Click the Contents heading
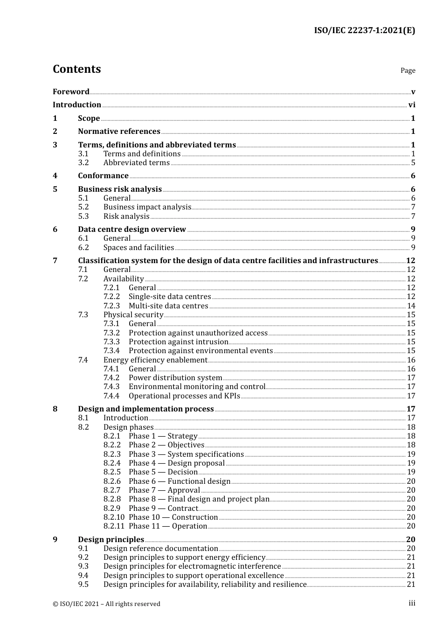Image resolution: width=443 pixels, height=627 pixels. tap(76, 69)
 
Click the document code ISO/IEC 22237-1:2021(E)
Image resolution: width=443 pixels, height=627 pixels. tap(364, 31)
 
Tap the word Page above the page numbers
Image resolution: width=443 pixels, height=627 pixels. tap(408, 70)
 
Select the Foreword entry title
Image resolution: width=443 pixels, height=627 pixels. tap(71, 92)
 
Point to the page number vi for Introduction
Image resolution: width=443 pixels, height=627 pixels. tap(412, 105)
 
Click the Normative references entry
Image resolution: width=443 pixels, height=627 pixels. tap(119, 132)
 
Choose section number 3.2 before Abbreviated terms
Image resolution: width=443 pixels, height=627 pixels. tap(83, 163)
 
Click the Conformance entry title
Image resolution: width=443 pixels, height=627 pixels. tap(103, 176)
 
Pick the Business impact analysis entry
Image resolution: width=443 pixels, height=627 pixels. tap(147, 207)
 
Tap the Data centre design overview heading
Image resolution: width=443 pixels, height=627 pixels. tap(132, 230)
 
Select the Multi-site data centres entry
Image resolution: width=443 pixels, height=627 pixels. tap(168, 306)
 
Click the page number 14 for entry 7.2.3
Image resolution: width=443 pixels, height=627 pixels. tap(411, 306)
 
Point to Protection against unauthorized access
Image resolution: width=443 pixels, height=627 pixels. tap(198, 333)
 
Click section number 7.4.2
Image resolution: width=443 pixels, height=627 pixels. tap(111, 378)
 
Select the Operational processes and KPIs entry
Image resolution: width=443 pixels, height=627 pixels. tap(184, 396)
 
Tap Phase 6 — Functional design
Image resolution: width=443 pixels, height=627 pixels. tap(180, 481)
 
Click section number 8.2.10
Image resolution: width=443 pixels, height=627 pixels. tap(114, 517)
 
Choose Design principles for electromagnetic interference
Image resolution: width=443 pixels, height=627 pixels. tap(192, 566)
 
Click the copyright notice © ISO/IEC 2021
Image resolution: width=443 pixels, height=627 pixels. tap(106, 604)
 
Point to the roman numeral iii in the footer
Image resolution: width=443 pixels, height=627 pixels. tap(412, 603)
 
